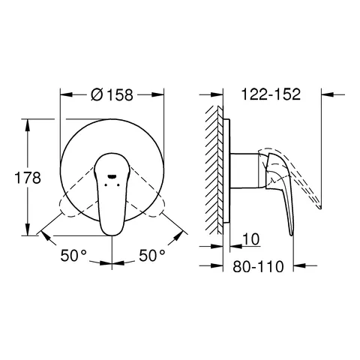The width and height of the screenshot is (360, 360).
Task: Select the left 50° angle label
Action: [75, 256]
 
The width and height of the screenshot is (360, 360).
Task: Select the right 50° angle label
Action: [151, 256]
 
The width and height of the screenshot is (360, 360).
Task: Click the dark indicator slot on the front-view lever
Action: [113, 178]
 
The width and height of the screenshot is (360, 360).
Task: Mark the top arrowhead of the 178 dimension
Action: [30, 121]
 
